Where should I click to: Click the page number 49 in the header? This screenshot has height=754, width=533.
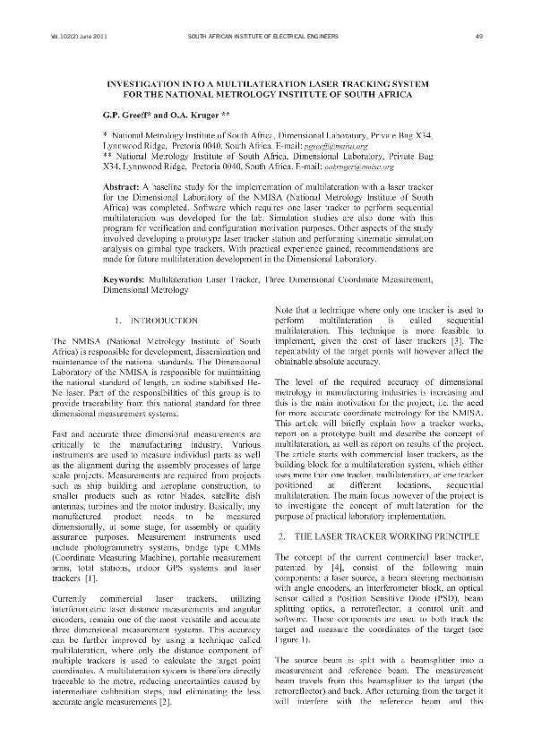tap(480, 36)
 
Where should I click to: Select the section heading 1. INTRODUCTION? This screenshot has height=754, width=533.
tap(156, 319)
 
